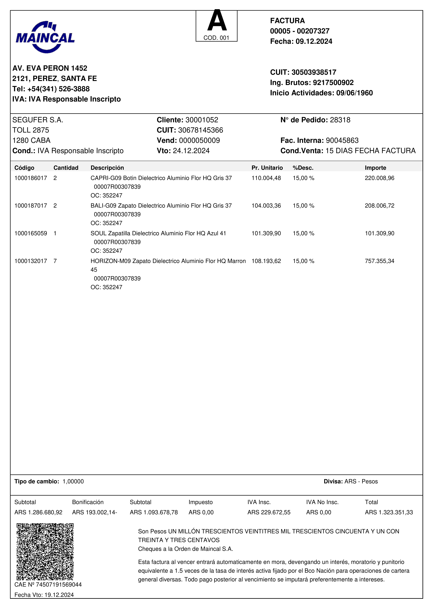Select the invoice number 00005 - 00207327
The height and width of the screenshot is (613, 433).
pos(300,31)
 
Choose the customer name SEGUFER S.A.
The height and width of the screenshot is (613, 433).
pos(38,120)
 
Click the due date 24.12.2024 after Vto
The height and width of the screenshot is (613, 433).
pos(191,151)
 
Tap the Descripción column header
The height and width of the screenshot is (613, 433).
pos(107,168)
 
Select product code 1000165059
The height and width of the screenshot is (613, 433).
pos(31,233)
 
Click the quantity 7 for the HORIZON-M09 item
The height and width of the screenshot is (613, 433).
pos(55,261)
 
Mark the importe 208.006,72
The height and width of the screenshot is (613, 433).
pos(379,206)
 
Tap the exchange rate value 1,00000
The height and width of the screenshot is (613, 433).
pos(73,481)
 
